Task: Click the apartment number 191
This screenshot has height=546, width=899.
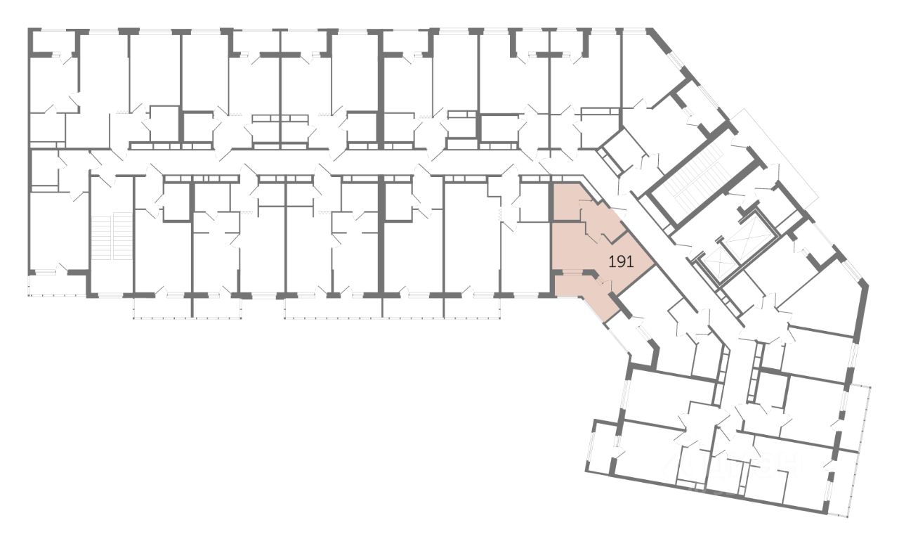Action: pos(622,263)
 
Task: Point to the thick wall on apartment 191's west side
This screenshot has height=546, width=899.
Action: pos(551,239)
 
